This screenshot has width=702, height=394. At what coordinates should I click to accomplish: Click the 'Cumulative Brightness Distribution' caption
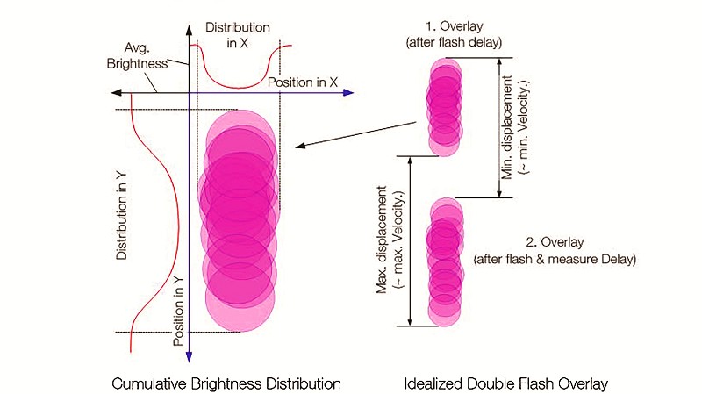click(x=226, y=383)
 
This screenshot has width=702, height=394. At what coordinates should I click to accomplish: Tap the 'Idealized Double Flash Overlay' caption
click(x=506, y=383)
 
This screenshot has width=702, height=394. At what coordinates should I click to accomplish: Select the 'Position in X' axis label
click(x=302, y=82)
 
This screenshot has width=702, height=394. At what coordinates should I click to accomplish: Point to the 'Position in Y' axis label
click(x=179, y=312)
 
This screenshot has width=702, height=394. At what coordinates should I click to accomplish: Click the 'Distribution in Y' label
click(x=121, y=216)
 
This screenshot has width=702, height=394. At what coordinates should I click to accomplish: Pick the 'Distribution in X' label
click(x=238, y=35)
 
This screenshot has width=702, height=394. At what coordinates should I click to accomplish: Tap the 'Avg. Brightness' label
click(x=137, y=55)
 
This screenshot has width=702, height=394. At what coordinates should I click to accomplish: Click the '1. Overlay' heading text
click(x=455, y=26)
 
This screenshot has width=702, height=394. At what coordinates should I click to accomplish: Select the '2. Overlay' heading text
click(x=555, y=242)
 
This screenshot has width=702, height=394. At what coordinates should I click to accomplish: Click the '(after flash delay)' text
click(x=454, y=42)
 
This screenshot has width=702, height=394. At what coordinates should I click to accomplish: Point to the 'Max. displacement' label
click(x=382, y=240)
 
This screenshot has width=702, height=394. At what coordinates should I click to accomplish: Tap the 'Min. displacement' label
click(x=506, y=127)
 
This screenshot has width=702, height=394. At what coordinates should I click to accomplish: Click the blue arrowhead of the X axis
click(x=348, y=93)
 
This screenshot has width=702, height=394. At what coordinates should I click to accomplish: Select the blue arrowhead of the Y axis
click(x=189, y=356)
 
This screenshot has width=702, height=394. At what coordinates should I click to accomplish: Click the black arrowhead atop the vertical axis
click(x=189, y=31)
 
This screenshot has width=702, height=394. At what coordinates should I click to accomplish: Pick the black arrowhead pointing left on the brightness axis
click(x=117, y=93)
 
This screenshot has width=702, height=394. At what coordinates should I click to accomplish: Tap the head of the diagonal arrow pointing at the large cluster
click(x=300, y=145)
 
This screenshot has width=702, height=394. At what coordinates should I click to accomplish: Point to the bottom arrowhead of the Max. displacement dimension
click(x=410, y=321)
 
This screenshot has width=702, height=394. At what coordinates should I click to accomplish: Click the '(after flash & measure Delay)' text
click(x=555, y=259)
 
